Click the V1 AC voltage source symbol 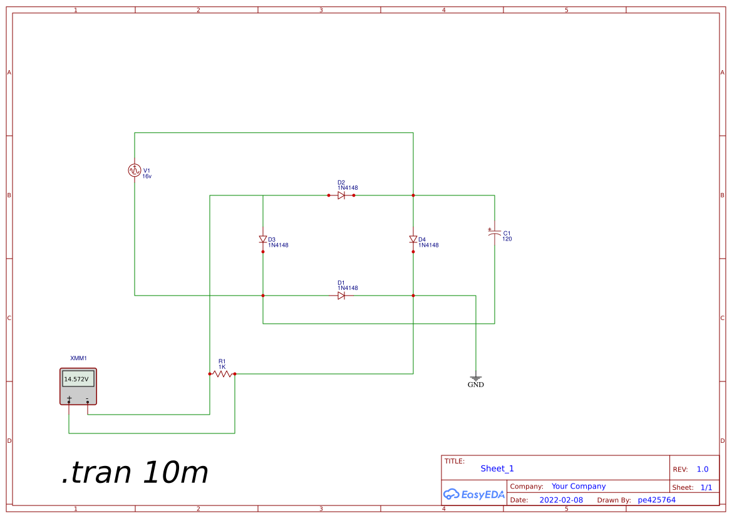point(135,170)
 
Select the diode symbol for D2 point(341,195)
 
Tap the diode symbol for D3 point(263,239)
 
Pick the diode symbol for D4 point(413,239)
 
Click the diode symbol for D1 point(341,295)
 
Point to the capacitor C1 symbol point(494,232)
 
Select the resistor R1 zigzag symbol point(222,374)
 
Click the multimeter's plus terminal point(69,399)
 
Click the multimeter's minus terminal point(88,399)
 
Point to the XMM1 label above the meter point(78,358)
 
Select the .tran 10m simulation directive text point(135,473)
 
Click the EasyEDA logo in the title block point(474,494)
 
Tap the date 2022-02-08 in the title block point(560,500)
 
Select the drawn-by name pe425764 point(656,500)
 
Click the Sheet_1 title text point(497,469)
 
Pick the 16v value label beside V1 point(147,177)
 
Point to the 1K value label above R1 point(222,366)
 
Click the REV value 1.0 point(703,469)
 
